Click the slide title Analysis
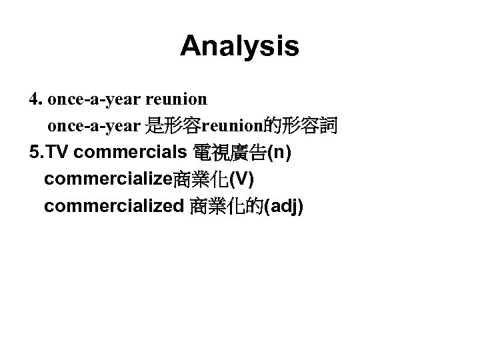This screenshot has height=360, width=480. [x=239, y=46]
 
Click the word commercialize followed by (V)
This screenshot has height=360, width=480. [x=108, y=179]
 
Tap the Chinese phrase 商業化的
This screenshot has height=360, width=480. [x=227, y=207]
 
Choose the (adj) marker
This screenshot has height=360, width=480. [x=284, y=207]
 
